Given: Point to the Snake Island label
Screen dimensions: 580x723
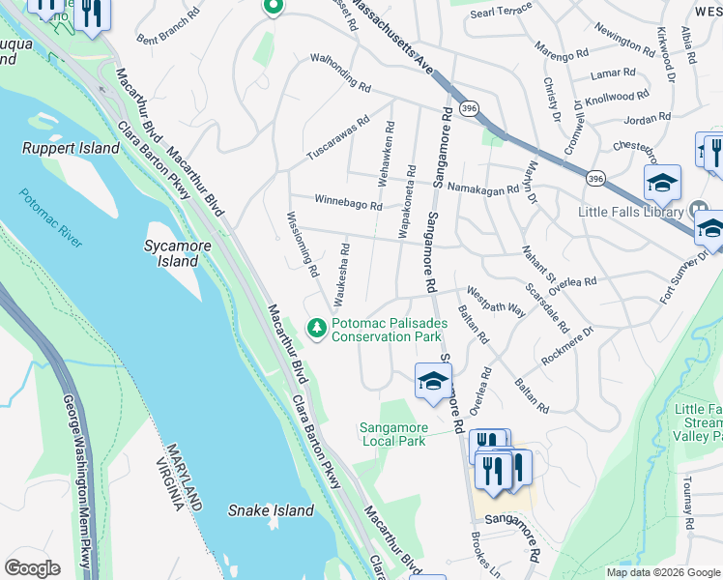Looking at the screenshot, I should click(271, 510).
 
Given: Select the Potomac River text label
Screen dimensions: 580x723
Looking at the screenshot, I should click(49, 217).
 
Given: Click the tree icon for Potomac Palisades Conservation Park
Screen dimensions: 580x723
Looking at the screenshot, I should click(316, 330).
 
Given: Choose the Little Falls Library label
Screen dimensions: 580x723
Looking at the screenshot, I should click(632, 212).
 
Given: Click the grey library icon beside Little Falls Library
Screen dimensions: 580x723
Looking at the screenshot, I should click(700, 211).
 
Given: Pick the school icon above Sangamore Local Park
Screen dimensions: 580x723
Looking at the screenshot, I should click(433, 381).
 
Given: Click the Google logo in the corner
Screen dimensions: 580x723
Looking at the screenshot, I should click(32, 568).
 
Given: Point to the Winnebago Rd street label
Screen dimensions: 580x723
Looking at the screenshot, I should click(347, 203).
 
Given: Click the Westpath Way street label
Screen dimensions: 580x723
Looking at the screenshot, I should click(496, 302).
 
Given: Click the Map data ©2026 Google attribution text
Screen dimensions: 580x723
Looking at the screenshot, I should click(662, 572).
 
